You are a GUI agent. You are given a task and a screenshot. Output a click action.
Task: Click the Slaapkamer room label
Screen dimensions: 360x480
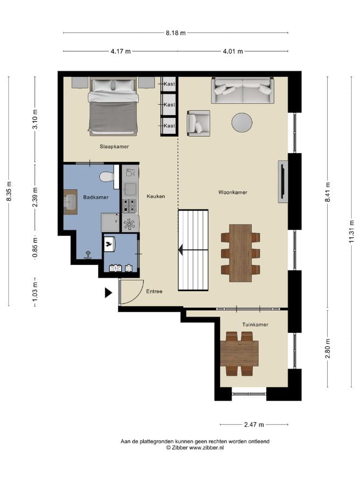pos(114,146)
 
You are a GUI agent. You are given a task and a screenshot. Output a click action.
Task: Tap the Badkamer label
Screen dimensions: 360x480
pos(96,197)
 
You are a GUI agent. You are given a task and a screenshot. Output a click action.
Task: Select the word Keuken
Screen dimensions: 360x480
pos(156,196)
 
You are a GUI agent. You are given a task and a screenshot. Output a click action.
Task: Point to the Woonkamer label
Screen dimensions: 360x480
pos(233,192)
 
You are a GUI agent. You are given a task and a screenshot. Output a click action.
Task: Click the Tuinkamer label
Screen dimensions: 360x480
pos(255,325)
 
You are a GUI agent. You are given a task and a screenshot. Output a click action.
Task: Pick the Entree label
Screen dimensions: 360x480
pos(154,291)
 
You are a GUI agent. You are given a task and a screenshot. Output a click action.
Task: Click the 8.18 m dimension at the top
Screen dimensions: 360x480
pos(176,33)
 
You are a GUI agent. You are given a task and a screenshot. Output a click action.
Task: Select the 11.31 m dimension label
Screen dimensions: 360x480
pos(351,231)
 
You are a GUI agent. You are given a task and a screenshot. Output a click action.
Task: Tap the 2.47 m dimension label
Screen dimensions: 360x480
pos(254,425)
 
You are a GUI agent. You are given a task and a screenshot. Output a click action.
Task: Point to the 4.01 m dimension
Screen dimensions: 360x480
pos(233,52)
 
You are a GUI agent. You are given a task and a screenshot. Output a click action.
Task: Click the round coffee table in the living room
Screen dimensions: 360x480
pos(242,122)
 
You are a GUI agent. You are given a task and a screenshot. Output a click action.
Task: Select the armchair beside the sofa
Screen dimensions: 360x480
pos(199,123)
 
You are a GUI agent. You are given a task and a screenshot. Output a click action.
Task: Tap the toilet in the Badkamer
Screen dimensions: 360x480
pos(107,177)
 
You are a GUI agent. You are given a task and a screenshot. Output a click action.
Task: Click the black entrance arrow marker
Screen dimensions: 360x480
pos(108,292)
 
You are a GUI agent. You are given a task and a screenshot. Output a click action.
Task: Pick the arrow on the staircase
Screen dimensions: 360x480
pos(193,250)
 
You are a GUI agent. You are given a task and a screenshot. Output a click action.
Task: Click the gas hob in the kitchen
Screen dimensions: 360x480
pos(130,205)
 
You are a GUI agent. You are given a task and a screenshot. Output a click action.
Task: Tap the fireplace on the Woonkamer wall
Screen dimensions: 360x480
pos(283,181)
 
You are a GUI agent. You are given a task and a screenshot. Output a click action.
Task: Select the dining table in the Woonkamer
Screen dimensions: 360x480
pos(240,253)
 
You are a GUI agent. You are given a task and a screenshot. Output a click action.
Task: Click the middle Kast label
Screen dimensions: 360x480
pos(169,105)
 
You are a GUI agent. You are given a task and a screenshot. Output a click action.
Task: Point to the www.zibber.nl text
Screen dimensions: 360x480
pos(207,448)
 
